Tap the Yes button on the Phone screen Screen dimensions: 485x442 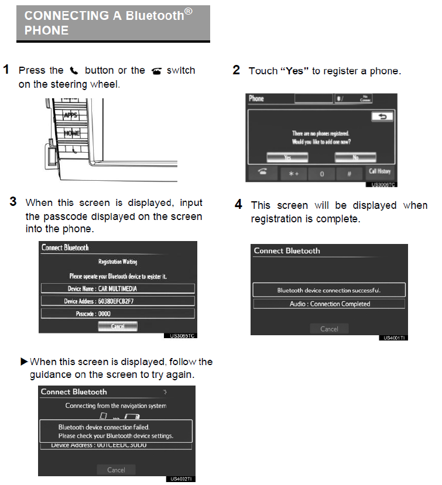287,157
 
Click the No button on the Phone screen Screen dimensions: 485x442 355,157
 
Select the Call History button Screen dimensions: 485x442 380,172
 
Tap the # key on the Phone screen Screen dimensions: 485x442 349,173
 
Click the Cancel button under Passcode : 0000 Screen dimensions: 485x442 118,326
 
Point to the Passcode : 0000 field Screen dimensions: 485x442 118,313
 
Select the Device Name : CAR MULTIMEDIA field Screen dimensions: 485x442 118,288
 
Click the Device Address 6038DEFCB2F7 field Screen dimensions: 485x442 118,301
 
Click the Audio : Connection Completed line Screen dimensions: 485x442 329,304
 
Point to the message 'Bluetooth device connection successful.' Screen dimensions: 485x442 329,290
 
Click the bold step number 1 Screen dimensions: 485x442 6,70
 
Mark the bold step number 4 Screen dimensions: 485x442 238,204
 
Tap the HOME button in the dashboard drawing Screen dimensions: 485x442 71,133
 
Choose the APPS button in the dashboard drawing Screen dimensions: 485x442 70,115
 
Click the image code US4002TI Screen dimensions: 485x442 181,479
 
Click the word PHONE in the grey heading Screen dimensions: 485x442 46,30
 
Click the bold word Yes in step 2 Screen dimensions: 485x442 294,71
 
